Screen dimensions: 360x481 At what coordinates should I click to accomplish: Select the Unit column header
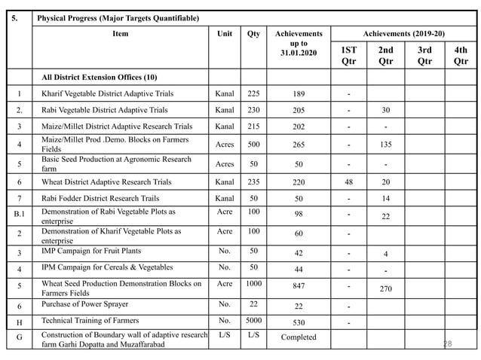click(x=225, y=34)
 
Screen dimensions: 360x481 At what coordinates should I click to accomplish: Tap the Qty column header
click(x=253, y=34)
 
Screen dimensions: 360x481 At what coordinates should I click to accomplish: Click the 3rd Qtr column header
click(x=424, y=55)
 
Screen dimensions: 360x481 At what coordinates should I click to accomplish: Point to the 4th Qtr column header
click(x=461, y=55)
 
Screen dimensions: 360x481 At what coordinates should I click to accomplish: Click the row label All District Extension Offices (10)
click(x=99, y=77)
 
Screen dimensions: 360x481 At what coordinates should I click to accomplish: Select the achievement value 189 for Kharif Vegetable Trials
click(x=299, y=94)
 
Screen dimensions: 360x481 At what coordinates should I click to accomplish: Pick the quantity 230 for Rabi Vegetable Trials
click(x=253, y=110)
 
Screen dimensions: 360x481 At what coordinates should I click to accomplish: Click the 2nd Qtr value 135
click(x=385, y=145)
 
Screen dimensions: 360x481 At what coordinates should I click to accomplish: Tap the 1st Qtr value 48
click(x=348, y=182)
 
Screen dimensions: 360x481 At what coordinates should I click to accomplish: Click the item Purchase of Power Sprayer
click(x=84, y=304)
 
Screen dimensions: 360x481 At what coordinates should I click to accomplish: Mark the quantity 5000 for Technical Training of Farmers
click(x=253, y=320)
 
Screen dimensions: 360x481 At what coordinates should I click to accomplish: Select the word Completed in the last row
click(x=299, y=337)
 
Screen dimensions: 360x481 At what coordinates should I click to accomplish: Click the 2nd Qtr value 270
click(x=385, y=288)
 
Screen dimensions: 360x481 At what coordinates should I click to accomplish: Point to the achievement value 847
click(x=299, y=286)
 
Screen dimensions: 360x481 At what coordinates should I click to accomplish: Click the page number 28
click(x=447, y=343)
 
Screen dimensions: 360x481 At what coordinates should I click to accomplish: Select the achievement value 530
click(x=299, y=322)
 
